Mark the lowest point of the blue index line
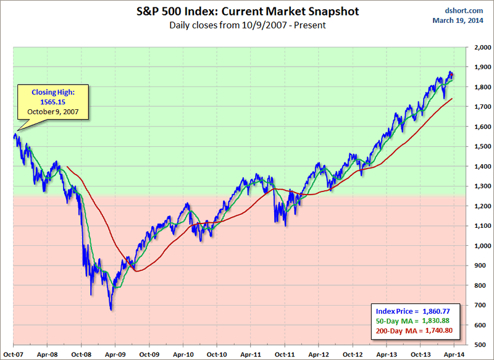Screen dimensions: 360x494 click(x=111, y=310)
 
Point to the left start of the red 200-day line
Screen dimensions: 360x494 click(x=67, y=167)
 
